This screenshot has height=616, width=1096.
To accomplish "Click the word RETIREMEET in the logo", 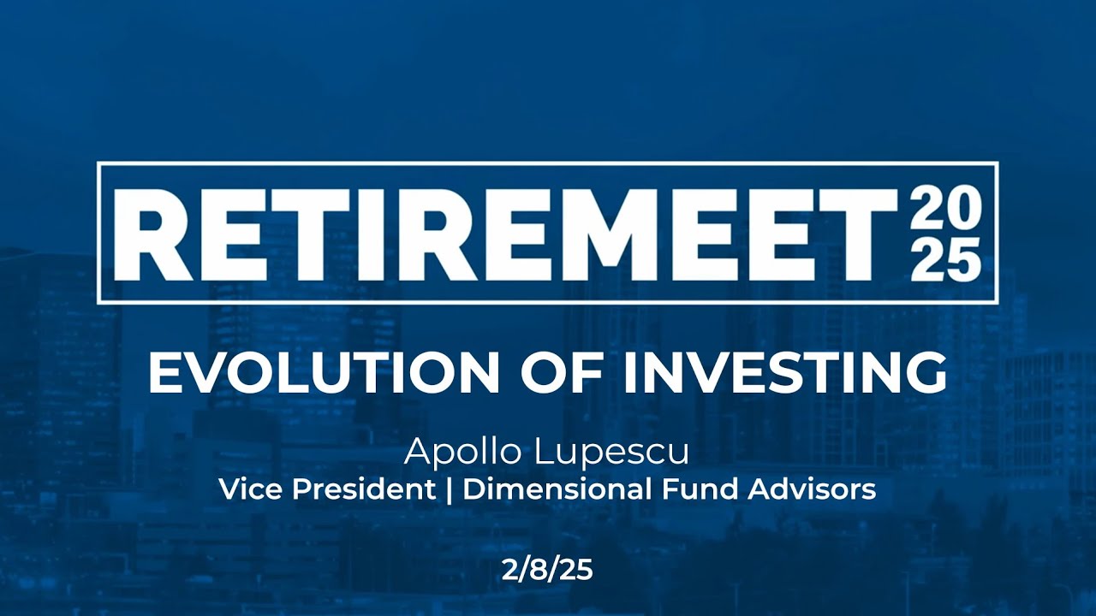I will click(505, 232).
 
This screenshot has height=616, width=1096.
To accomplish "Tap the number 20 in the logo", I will click(945, 207).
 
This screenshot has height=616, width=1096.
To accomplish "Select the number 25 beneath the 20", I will click(945, 259).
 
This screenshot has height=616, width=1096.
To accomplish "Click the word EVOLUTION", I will click(323, 372).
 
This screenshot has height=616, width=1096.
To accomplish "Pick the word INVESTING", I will click(783, 372).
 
